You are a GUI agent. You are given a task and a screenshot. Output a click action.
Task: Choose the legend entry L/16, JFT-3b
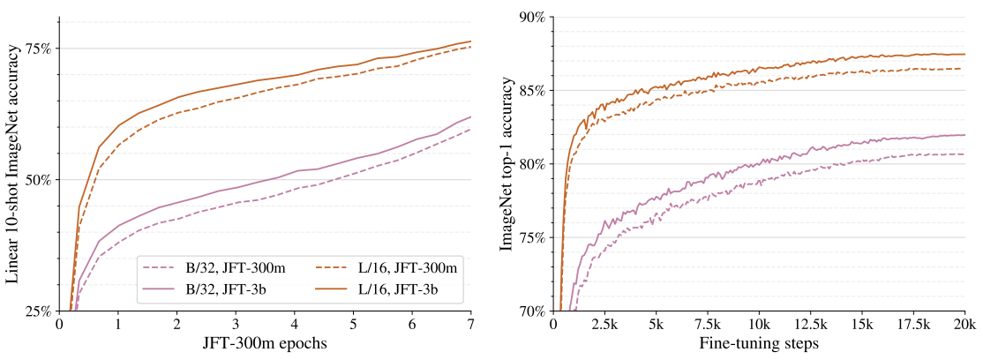click(x=387, y=289)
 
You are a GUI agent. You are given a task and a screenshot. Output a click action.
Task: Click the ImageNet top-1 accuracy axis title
click(x=507, y=163)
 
